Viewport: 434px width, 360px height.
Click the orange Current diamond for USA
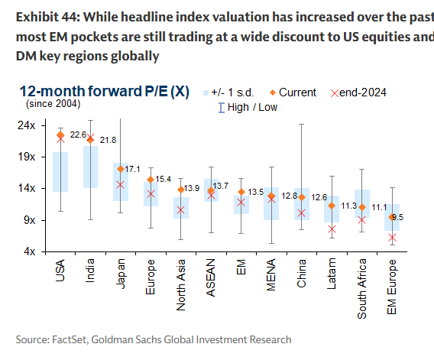tap(60, 135)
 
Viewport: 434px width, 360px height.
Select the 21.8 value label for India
tap(108, 140)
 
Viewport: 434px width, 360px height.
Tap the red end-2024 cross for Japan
tap(120, 184)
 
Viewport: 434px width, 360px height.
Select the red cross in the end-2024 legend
tap(333, 92)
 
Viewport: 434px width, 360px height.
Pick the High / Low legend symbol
tap(222, 107)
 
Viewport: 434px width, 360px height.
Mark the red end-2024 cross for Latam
tap(332, 229)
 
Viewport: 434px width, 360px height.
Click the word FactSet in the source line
tap(68, 339)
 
